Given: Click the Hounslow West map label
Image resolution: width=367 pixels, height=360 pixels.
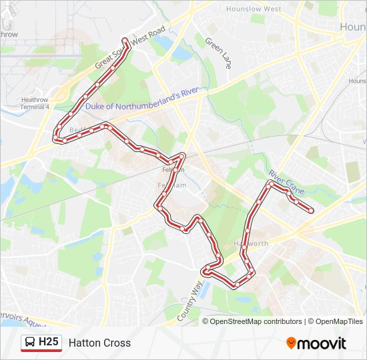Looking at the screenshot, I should pos(253,9).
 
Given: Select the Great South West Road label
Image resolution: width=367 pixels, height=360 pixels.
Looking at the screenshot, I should pos(130,48).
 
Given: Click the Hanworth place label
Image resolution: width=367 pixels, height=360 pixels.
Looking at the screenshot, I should pos(251,243).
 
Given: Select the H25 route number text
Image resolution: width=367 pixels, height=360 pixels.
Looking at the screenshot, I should pos(49,342).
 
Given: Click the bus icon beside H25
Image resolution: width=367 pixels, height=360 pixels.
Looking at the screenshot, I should pos(30,343).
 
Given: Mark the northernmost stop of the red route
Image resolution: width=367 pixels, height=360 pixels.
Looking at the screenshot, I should pos(125,40).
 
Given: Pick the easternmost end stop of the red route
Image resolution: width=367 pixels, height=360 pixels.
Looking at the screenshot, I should pos(311,211).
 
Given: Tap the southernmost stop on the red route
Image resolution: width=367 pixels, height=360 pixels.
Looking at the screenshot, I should pos(236,285).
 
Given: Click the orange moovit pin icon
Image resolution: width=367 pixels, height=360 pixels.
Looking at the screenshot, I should pos(291,343).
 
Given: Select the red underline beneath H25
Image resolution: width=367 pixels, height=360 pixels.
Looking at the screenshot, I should pos(41,351).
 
